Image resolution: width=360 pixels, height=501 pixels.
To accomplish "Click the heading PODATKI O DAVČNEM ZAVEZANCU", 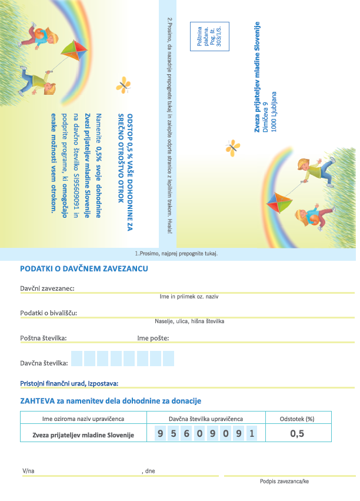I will pos(84,269).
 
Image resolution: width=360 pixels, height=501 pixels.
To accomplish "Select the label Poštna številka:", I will pos(44,338).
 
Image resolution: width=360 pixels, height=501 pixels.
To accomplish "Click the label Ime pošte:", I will pos(153,338).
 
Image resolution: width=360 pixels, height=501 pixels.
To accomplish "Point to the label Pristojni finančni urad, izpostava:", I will pos(69,383).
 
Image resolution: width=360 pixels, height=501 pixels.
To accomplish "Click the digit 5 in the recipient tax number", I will pos(174,434).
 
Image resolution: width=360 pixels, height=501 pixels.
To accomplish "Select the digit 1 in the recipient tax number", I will pos(251,434).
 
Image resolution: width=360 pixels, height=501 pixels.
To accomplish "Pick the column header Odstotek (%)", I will pos(298,419).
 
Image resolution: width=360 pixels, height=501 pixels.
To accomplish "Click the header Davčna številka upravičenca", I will pos(206,419).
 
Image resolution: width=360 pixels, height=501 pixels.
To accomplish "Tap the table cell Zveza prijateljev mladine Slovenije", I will pos(83,435).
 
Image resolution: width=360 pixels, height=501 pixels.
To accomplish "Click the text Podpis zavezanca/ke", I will pos(284,482).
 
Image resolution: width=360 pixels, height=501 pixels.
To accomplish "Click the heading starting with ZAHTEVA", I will pos(111,401).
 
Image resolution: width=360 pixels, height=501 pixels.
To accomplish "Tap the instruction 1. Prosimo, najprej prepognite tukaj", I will pos(176,254).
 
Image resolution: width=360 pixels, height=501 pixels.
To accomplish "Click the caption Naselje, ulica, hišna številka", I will pos(189,321).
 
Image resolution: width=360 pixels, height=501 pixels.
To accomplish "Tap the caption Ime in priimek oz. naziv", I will pos(189,296).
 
